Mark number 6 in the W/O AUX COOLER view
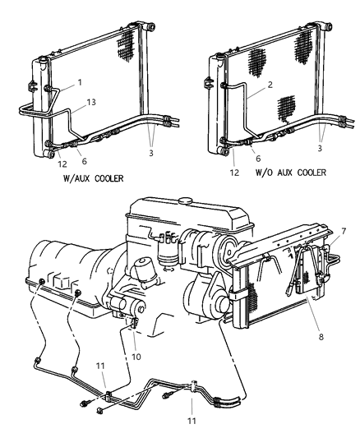[x=257, y=159]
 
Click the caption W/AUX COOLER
[x=91, y=177]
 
